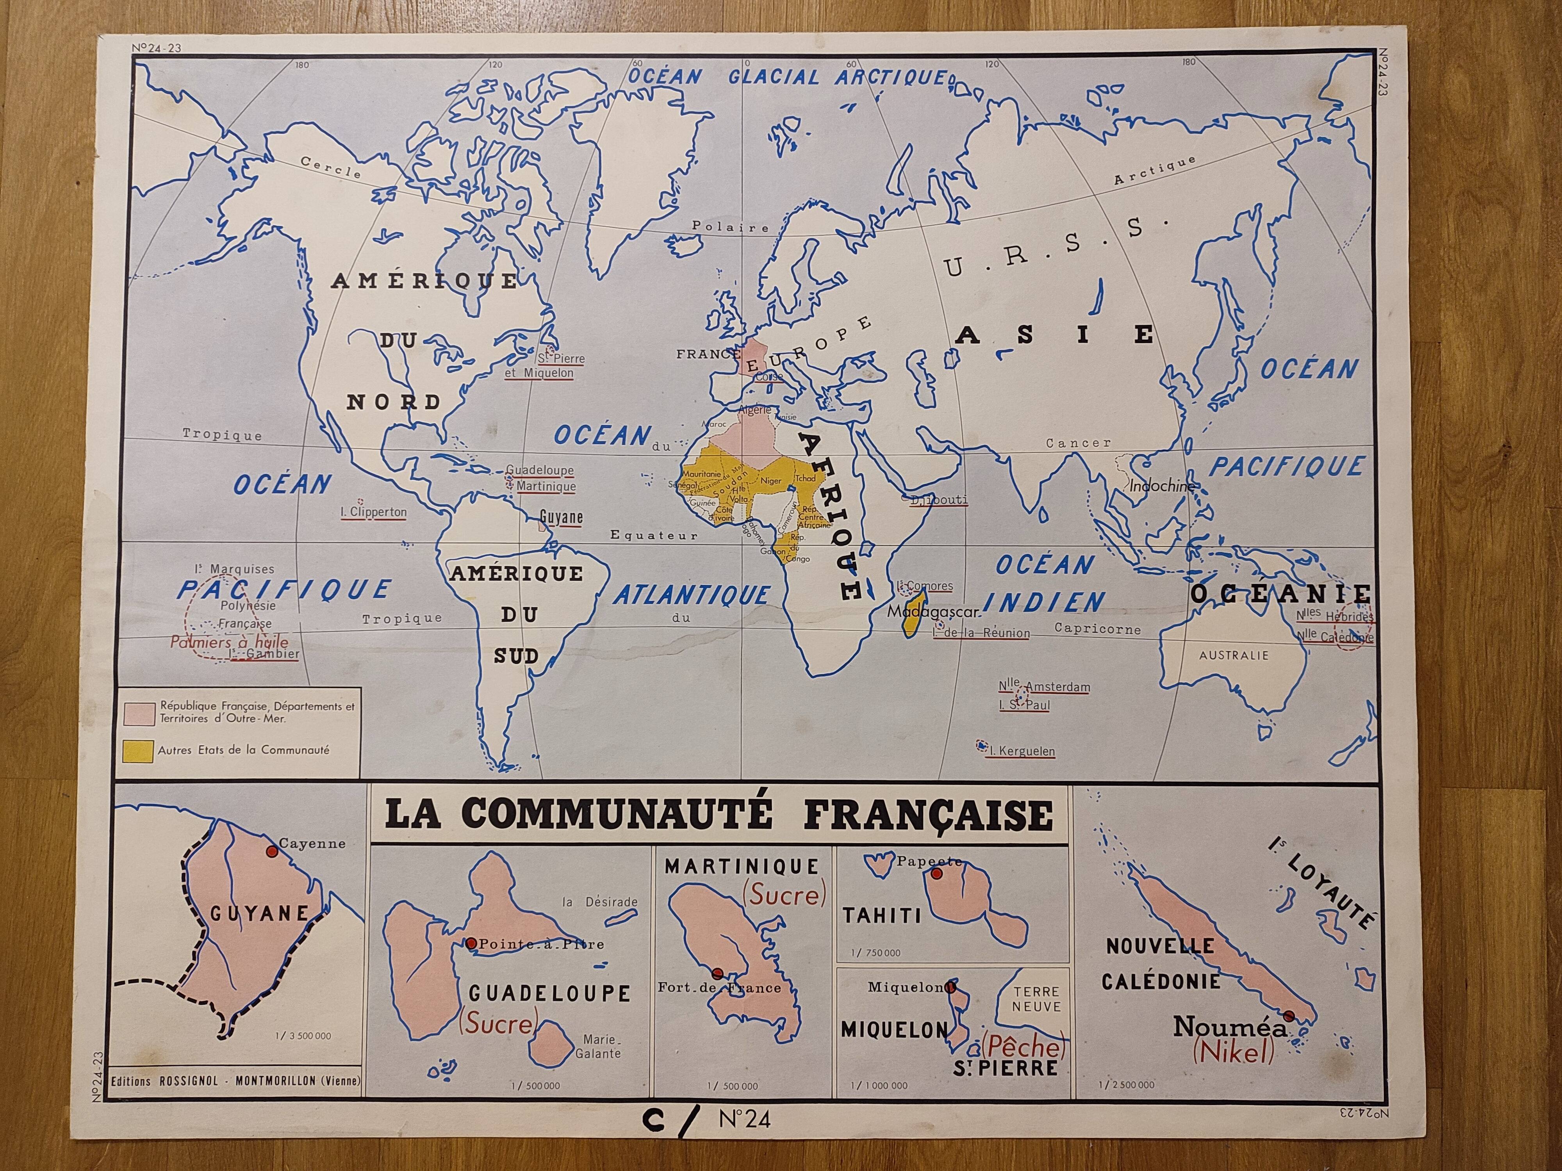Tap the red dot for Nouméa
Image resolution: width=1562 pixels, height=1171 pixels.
pos(1289,1016)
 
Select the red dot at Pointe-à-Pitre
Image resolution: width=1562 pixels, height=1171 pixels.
pos(471,943)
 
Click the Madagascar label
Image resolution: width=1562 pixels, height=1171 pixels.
pos(932,612)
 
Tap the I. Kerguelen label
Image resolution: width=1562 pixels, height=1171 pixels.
pos(1022,751)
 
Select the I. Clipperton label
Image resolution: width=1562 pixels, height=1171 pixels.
pos(377,512)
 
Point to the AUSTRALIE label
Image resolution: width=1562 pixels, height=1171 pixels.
pos(1234,655)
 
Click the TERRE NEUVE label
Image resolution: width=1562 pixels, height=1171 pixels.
pos(1036,1000)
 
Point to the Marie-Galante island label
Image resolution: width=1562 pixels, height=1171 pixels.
pos(598,1046)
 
